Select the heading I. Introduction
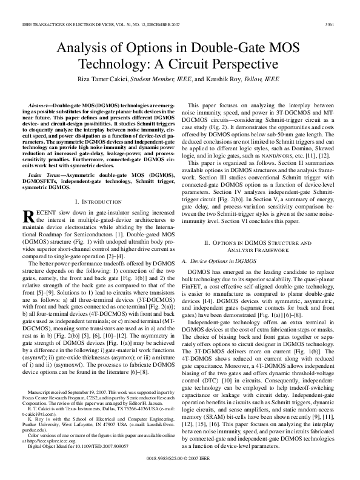tap(99, 201)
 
